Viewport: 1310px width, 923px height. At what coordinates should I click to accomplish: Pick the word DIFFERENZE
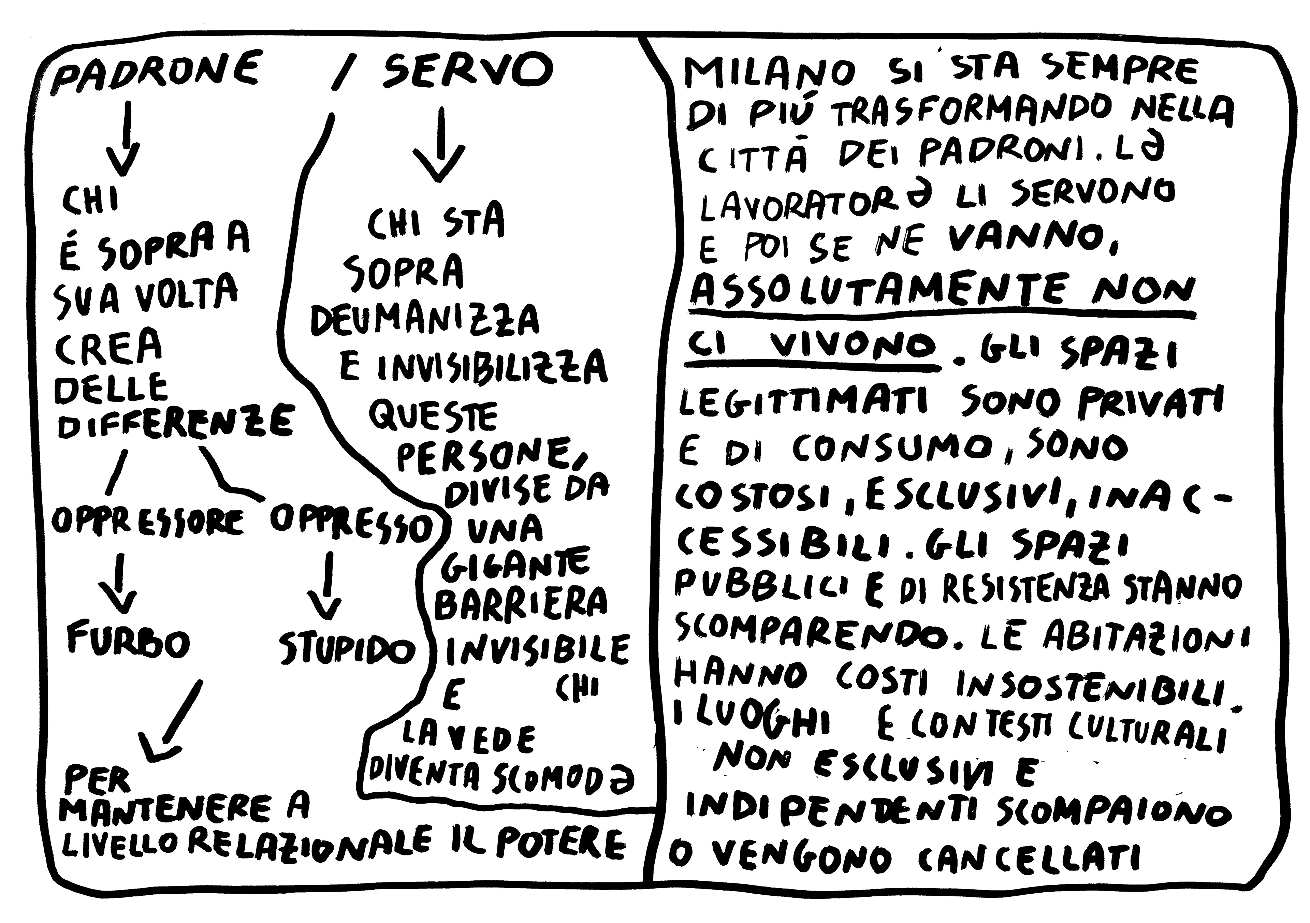174,422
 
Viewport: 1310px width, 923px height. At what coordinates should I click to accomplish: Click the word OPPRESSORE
147,520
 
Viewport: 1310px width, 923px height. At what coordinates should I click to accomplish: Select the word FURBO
128,640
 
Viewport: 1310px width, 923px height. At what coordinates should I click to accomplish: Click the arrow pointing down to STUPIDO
326,588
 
